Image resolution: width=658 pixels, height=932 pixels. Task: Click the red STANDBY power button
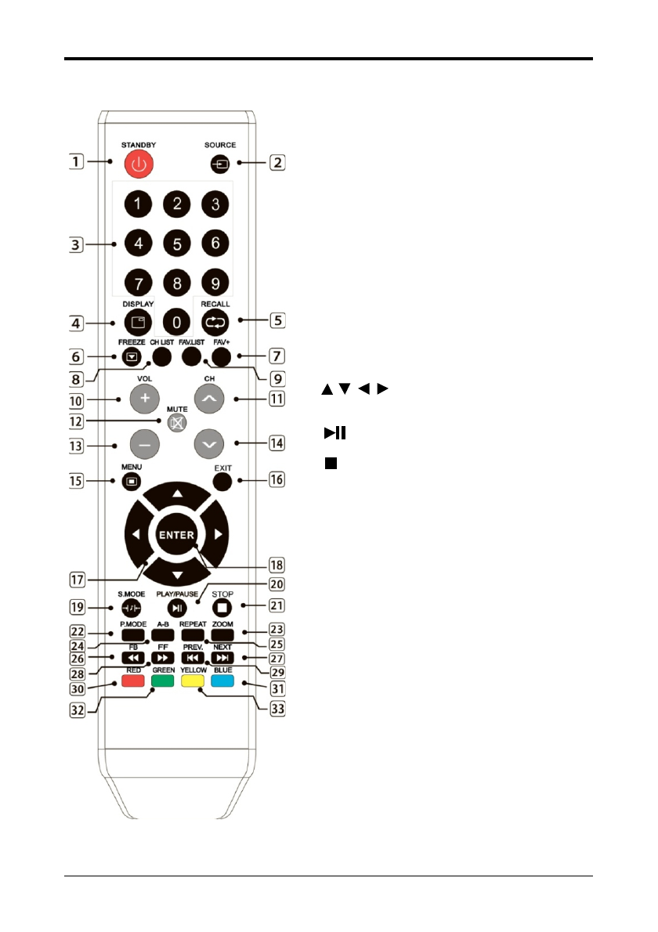[x=139, y=164]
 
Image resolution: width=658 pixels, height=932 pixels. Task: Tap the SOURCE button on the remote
[x=215, y=164]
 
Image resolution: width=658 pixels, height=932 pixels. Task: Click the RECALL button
[x=215, y=322]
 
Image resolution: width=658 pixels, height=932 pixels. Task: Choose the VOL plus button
[x=144, y=398]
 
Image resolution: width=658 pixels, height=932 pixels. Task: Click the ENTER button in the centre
[x=177, y=535]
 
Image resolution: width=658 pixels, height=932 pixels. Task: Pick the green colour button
[x=162, y=681]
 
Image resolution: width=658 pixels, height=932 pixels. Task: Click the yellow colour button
[x=192, y=681]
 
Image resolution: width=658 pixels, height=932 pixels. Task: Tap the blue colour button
[x=222, y=681]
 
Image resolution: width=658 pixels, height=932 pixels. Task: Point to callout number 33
[x=276, y=710]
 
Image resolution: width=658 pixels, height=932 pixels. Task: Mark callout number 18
[x=275, y=564]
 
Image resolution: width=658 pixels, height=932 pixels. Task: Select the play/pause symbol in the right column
[x=334, y=432]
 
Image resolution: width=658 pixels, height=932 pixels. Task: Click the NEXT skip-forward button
[x=222, y=658]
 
